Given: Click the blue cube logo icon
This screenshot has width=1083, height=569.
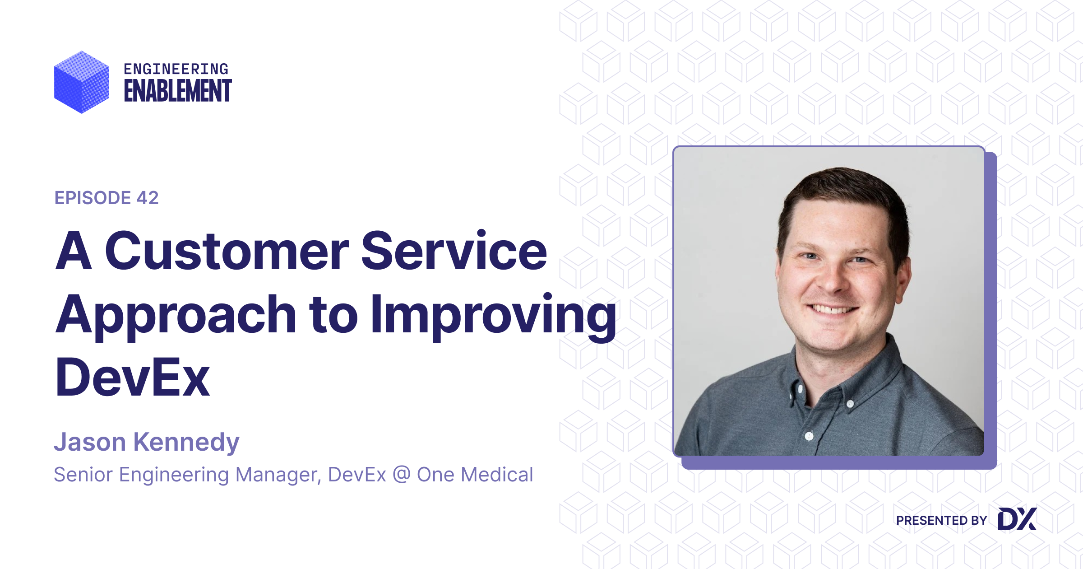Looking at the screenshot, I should point(82,82).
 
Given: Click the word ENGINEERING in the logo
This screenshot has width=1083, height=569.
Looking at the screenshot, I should point(176,69).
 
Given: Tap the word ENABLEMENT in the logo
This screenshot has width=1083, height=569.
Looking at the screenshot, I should point(178,91).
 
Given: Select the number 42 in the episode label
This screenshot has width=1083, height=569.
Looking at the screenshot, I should point(148,198).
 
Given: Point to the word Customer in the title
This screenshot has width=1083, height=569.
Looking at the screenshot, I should point(227,251).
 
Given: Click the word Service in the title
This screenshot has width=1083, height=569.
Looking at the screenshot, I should point(454,251).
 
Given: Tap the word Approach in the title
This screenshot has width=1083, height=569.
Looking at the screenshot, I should point(176,315).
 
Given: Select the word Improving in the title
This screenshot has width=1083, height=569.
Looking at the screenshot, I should point(494,315).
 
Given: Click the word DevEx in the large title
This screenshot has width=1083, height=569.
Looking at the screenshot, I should point(132,378).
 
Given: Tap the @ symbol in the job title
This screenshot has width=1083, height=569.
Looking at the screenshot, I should point(402,474).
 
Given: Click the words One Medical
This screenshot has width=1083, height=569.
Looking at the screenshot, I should point(475,474).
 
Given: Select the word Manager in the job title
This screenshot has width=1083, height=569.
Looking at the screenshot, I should point(278,475).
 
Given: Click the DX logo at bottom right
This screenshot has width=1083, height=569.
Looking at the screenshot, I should point(1017,519).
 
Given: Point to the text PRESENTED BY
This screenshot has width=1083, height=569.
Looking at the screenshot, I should point(941,521).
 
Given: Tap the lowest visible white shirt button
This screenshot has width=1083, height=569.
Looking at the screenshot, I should point(809,436).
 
